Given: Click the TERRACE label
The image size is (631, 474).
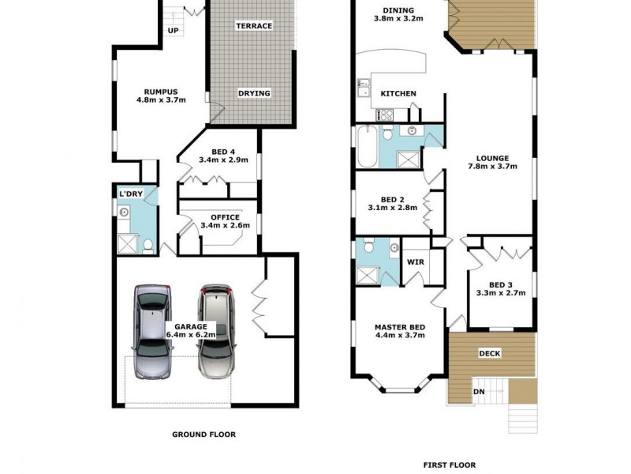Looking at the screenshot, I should point(254,26).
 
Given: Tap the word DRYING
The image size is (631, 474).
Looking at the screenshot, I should point(254,93).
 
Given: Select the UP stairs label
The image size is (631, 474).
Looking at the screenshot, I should point(174,32).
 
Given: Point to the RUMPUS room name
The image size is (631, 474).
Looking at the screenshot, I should point(160,90).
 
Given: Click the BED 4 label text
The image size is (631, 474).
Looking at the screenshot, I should point(223,152).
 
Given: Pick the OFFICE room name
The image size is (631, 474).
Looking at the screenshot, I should point(225,217).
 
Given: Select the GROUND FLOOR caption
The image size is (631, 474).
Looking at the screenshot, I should point(203,434).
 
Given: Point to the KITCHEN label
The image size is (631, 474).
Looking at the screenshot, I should point(398,94).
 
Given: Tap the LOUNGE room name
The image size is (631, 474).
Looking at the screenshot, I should point(491,157).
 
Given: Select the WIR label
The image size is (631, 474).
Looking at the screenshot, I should point(416,262).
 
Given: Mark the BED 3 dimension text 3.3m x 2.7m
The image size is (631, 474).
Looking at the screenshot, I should point(501,293).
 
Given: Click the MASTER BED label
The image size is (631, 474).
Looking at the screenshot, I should point(400,327).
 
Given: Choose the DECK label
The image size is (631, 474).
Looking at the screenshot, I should point(490,353).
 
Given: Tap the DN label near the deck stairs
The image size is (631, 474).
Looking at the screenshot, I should point(479,391).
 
